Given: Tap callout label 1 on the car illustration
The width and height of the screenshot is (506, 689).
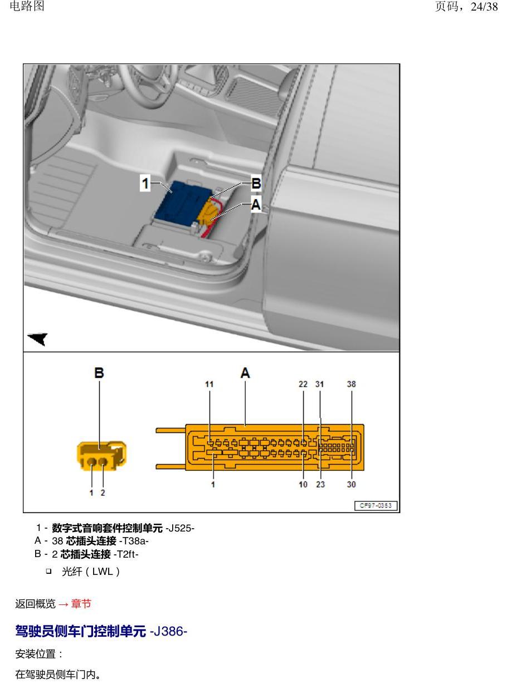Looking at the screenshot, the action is pyautogui.click(x=145, y=183).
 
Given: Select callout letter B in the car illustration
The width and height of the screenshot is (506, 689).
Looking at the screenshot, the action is pyautogui.click(x=256, y=183).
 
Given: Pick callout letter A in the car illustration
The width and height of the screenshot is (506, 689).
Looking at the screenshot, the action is pyautogui.click(x=256, y=204).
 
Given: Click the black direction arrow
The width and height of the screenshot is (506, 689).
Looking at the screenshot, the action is pyautogui.click(x=38, y=338).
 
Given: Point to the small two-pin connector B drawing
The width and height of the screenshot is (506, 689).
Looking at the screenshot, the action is pyautogui.click(x=101, y=456).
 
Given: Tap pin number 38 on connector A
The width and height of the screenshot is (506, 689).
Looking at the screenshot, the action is pyautogui.click(x=352, y=384).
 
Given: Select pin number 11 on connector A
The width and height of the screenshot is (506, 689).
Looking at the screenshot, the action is pyautogui.click(x=210, y=384).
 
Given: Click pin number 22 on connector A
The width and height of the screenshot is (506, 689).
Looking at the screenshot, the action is pyautogui.click(x=303, y=384).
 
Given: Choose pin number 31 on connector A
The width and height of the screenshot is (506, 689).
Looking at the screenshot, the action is pyautogui.click(x=320, y=384).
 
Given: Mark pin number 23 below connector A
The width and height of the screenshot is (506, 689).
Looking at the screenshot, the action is pyautogui.click(x=320, y=484).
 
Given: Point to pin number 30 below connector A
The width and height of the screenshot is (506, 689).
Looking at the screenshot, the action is pyautogui.click(x=352, y=484).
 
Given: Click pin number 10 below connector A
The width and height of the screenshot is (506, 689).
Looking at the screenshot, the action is pyautogui.click(x=303, y=484).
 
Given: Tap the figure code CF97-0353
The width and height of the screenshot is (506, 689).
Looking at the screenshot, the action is pyautogui.click(x=376, y=505).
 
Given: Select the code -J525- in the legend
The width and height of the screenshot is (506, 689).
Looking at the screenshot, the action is pyautogui.click(x=180, y=528).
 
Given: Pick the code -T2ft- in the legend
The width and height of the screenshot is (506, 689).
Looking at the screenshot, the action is pyautogui.click(x=126, y=554).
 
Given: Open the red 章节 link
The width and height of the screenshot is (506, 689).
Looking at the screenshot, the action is pyautogui.click(x=81, y=604).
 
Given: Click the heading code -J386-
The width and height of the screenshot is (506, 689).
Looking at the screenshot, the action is pyautogui.click(x=168, y=632).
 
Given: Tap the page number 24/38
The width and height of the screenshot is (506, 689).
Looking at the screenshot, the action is pyautogui.click(x=484, y=7).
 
